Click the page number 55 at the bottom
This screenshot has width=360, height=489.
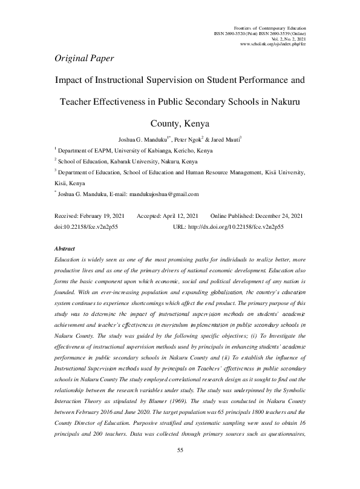(x=180, y=468)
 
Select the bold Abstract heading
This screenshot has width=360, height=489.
(x=64, y=249)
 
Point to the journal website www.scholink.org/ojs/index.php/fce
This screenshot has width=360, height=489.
(x=273, y=45)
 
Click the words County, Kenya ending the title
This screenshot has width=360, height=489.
(x=180, y=125)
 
